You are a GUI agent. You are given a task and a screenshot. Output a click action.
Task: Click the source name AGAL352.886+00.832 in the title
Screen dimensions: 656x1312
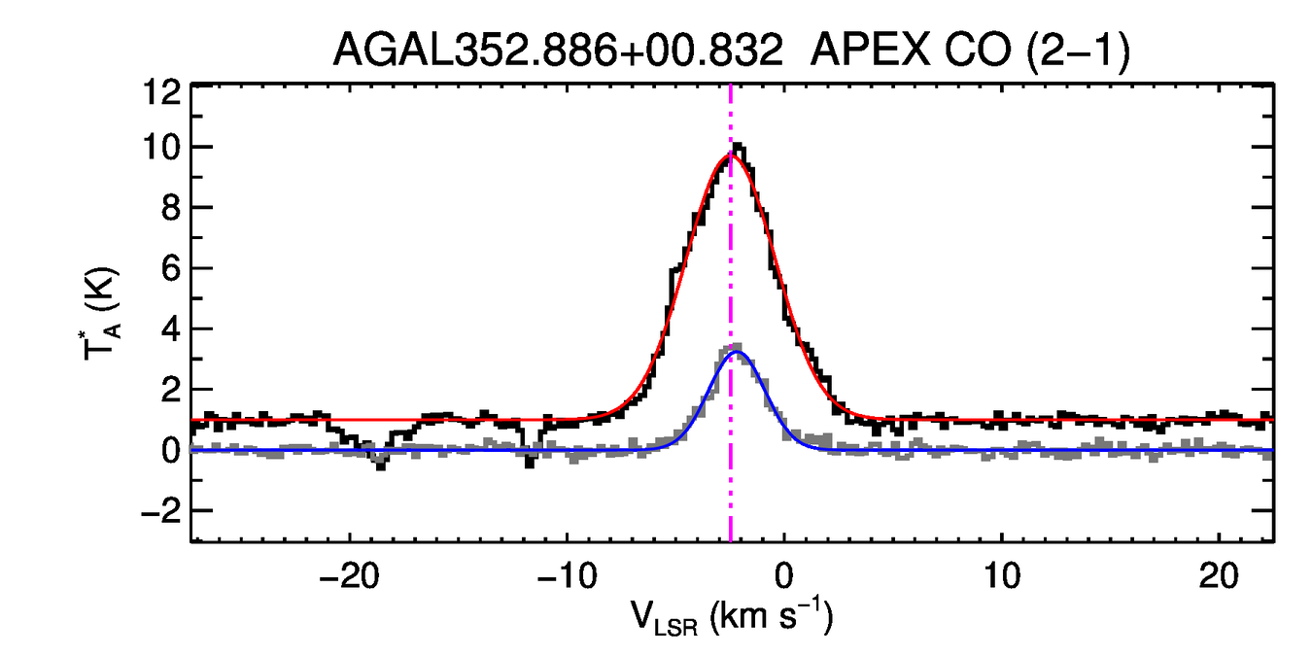(x=558, y=49)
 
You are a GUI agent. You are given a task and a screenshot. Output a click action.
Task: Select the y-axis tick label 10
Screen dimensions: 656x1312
(x=160, y=148)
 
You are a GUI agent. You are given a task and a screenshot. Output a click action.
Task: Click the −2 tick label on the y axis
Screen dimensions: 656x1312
(x=155, y=511)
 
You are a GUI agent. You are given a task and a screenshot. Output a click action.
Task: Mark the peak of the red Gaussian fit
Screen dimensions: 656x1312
(x=731, y=155)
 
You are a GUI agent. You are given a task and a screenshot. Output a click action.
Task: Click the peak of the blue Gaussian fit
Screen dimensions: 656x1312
(x=735, y=352)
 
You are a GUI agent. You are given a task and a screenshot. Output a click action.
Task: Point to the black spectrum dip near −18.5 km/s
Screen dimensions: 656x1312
(x=380, y=466)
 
